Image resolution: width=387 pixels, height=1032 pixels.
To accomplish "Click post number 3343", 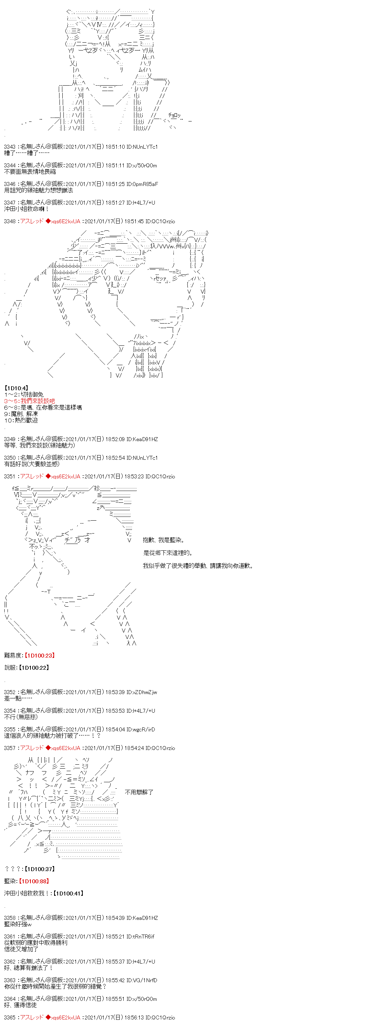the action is pos(10,147).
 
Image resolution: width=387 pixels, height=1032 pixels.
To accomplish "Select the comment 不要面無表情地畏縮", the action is pos(30,172).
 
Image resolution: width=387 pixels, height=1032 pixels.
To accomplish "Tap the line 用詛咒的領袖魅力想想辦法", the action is pos(38,190).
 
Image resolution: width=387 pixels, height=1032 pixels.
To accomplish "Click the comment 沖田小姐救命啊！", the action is pos(27,209).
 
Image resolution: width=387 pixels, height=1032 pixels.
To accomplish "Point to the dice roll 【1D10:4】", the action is pos(16,388).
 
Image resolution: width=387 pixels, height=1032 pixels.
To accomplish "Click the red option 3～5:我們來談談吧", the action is pos(29,401).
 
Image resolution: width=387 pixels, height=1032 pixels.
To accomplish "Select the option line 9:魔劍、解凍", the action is pos(21,414).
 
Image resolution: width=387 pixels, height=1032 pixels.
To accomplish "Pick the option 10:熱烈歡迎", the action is pos(21,420).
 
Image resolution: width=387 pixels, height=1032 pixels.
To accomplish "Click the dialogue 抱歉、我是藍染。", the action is pos(163,540).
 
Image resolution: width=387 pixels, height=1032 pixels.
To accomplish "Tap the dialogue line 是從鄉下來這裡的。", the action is pos(168,553).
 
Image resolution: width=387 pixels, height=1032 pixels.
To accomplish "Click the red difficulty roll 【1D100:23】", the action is pos(39,655).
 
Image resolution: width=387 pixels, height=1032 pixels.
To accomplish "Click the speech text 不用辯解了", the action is pos(139,792).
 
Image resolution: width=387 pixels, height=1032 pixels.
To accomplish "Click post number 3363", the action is pos(10,980).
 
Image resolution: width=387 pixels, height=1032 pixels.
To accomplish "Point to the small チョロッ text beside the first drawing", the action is pos(174,115).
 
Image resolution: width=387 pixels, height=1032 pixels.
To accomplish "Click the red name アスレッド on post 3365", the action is pos(32,1017).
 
